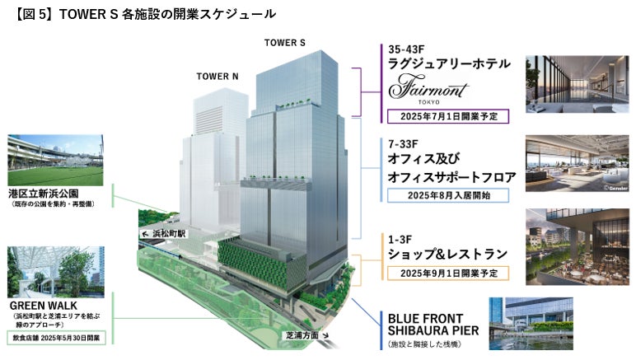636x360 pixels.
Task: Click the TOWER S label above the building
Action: point(284,43)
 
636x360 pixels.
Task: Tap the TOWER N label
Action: point(217,77)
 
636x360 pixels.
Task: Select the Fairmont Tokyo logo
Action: point(428,86)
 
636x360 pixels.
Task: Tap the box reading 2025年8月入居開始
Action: point(447,196)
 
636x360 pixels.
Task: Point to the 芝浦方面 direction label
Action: point(302,335)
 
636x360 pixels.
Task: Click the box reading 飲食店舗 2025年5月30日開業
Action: point(54,339)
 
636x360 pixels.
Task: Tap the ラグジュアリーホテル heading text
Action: point(449,64)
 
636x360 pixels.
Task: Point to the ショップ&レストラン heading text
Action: point(447,255)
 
